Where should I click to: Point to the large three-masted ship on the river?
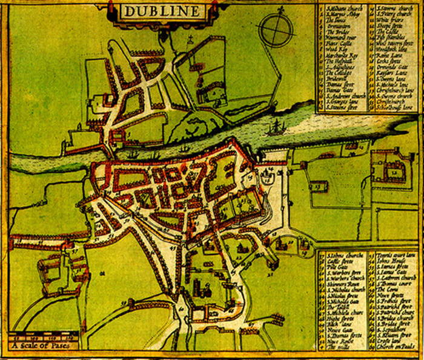pos(277,125)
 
